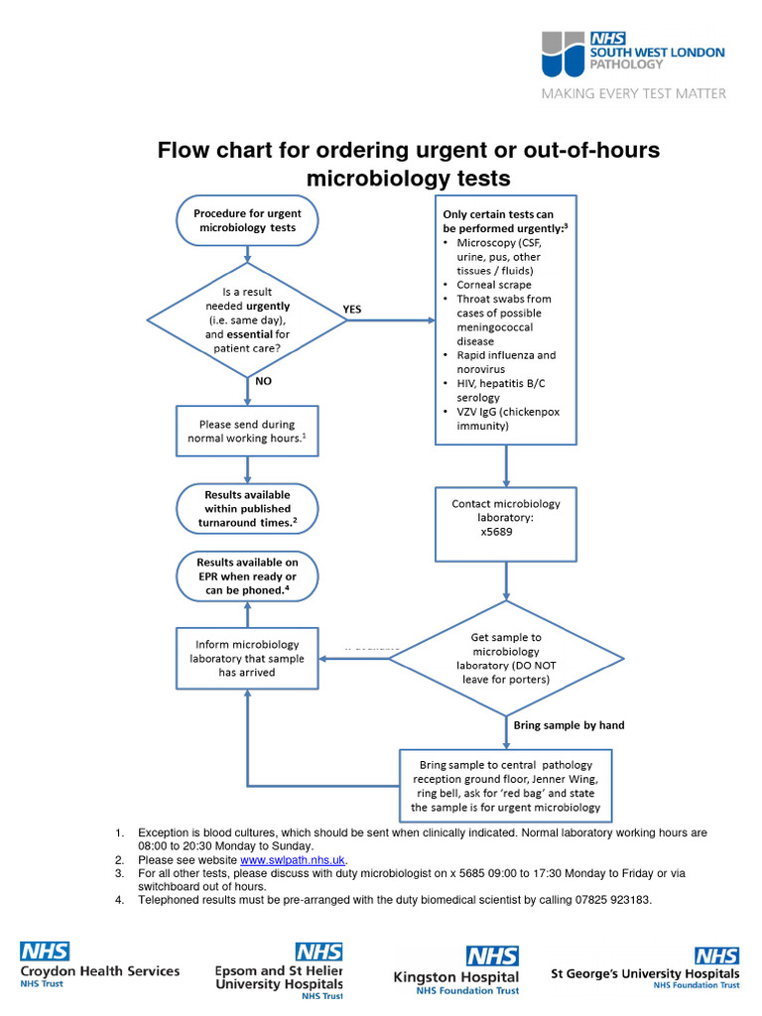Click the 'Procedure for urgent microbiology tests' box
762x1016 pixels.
(x=247, y=220)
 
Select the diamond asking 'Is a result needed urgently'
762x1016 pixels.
(x=247, y=319)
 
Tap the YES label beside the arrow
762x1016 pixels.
(x=352, y=310)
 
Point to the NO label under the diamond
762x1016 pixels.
(x=264, y=380)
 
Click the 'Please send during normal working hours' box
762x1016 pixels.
(x=247, y=431)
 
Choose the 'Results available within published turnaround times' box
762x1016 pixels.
(x=247, y=508)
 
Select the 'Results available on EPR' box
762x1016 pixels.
(x=247, y=576)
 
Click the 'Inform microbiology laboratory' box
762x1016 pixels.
(x=247, y=658)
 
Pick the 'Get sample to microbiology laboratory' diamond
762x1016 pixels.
(x=506, y=658)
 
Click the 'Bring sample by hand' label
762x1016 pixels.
(x=569, y=725)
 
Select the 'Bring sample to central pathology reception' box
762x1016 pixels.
(x=506, y=787)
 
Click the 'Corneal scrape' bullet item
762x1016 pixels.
(x=493, y=285)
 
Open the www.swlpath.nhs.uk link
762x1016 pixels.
(x=293, y=860)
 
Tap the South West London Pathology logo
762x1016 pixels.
(x=632, y=56)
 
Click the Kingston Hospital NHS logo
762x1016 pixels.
(x=456, y=969)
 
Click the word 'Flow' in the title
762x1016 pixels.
(x=187, y=150)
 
